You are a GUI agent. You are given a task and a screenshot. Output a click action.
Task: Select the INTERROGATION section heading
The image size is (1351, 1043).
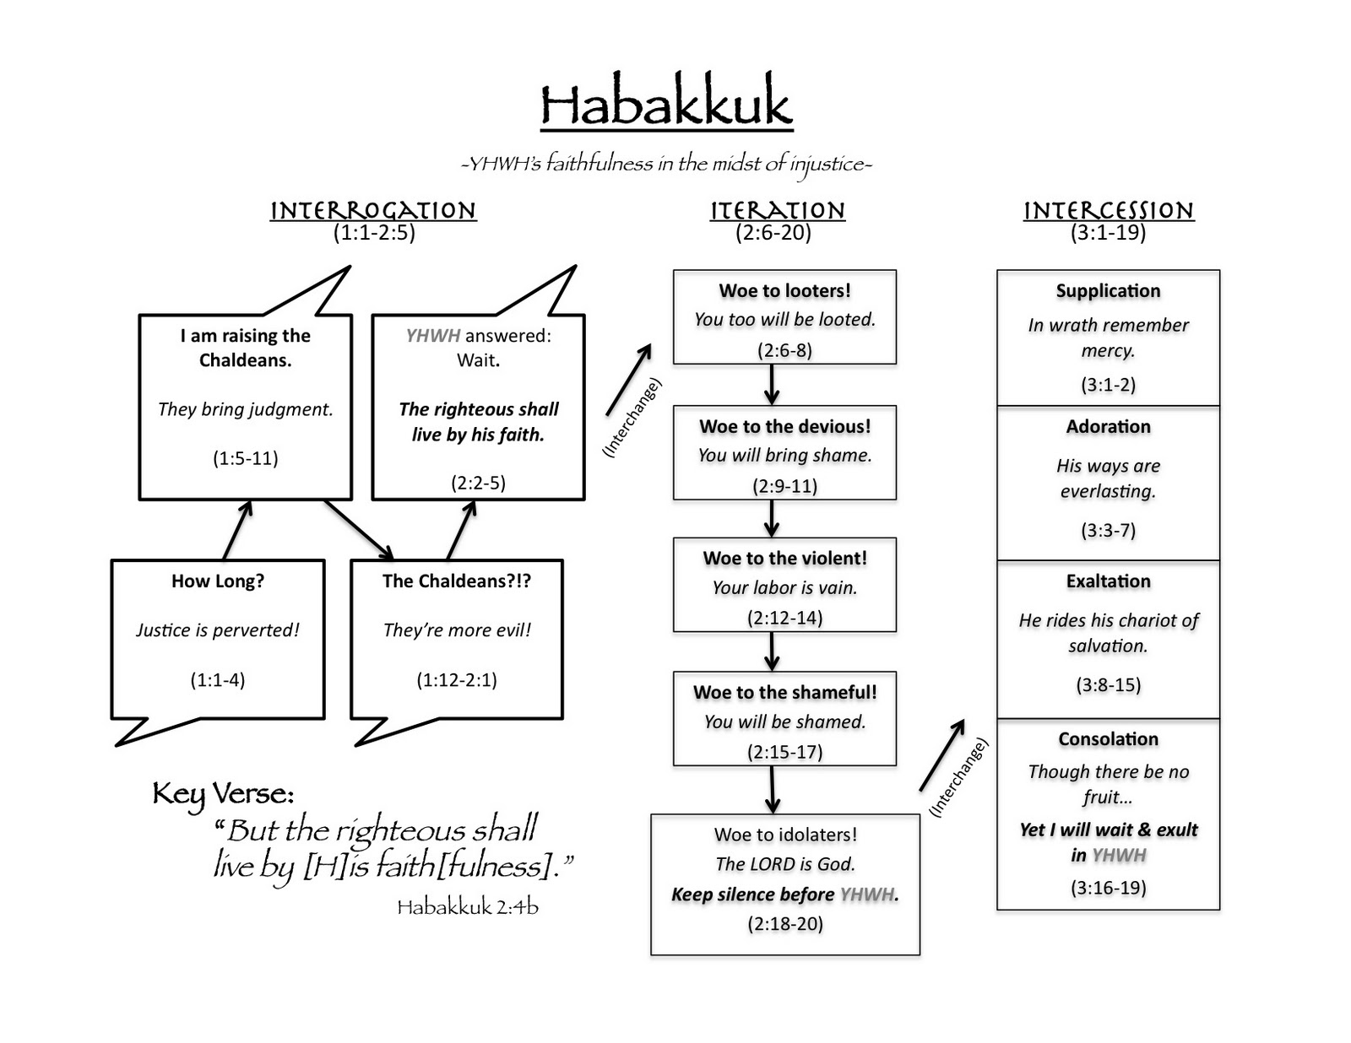(x=373, y=210)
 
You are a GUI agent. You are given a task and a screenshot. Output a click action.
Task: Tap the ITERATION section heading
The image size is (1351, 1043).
(x=777, y=210)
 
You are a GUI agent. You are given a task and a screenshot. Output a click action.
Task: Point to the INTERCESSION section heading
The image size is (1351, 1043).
(x=1108, y=210)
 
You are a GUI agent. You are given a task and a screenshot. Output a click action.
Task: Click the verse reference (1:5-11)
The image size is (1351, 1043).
(x=245, y=458)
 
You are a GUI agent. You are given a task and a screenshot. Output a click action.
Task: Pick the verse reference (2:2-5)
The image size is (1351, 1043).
(x=478, y=483)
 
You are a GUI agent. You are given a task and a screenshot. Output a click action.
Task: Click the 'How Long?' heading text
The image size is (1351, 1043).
(x=218, y=581)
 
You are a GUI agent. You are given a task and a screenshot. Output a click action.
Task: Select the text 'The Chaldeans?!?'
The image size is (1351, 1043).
(x=457, y=581)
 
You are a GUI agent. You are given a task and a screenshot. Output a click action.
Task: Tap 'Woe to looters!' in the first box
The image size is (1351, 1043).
(x=784, y=291)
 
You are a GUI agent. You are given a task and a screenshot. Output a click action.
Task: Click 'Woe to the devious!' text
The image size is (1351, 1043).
(x=784, y=426)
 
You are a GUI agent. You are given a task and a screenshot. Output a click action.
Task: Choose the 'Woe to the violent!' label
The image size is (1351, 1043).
(x=784, y=558)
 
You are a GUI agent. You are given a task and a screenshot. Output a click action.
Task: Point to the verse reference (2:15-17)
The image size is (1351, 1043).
(x=784, y=752)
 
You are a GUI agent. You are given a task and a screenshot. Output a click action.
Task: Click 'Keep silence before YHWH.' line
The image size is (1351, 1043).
(x=784, y=894)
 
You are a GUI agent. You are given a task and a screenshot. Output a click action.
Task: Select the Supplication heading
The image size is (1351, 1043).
(x=1108, y=291)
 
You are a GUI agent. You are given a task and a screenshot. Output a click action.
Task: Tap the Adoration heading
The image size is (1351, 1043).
(x=1108, y=426)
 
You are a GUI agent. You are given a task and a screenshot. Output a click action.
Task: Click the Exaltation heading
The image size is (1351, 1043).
(x=1108, y=581)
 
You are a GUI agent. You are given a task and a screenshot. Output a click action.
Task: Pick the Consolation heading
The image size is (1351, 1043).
(x=1108, y=739)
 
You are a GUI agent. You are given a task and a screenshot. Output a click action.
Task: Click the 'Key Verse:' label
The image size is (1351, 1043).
(x=223, y=794)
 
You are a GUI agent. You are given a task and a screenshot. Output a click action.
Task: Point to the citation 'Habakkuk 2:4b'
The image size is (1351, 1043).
(x=468, y=907)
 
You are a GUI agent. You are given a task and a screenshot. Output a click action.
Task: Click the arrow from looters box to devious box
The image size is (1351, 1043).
(x=772, y=386)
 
